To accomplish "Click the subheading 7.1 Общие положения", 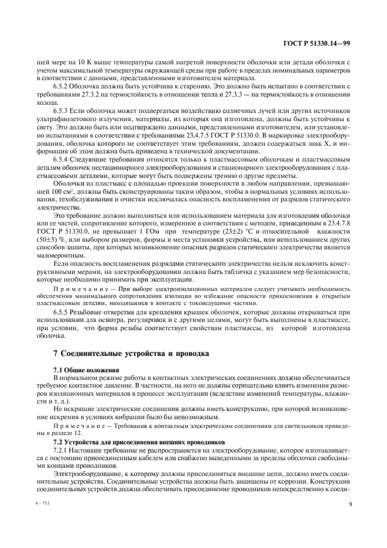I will tap(86, 371).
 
